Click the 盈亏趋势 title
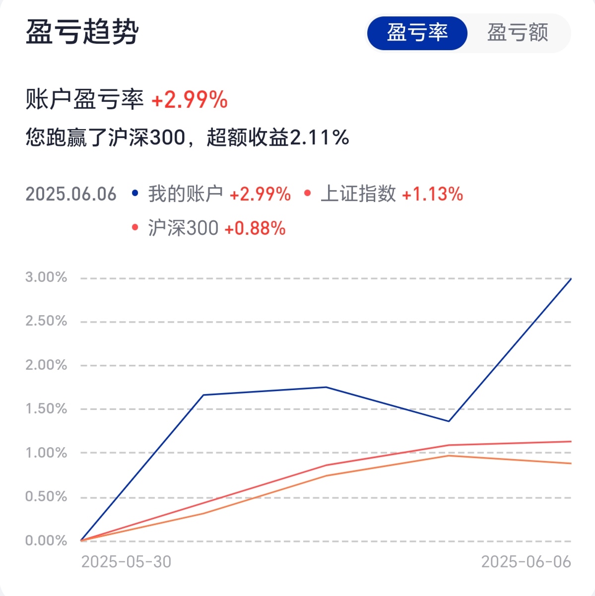coord(82,32)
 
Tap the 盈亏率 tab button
coord(417,33)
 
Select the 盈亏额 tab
coord(518,33)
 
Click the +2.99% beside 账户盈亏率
coord(189,100)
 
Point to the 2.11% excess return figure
coord(319,137)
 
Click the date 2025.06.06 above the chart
coord(71,194)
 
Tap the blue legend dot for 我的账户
coord(135,193)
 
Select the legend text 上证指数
coord(358,194)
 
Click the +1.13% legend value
coord(432,194)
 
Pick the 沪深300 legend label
coord(183,228)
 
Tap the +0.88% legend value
coord(255,228)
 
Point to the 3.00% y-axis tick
coord(46,277)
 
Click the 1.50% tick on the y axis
coord(46,409)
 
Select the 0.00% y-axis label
coord(46,540)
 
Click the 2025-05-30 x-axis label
coord(126,562)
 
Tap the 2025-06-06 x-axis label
coord(526,562)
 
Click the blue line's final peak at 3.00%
coord(571,279)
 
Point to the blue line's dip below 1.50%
coord(449,421)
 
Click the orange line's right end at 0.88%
coord(571,464)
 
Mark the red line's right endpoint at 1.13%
coord(571,441)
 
